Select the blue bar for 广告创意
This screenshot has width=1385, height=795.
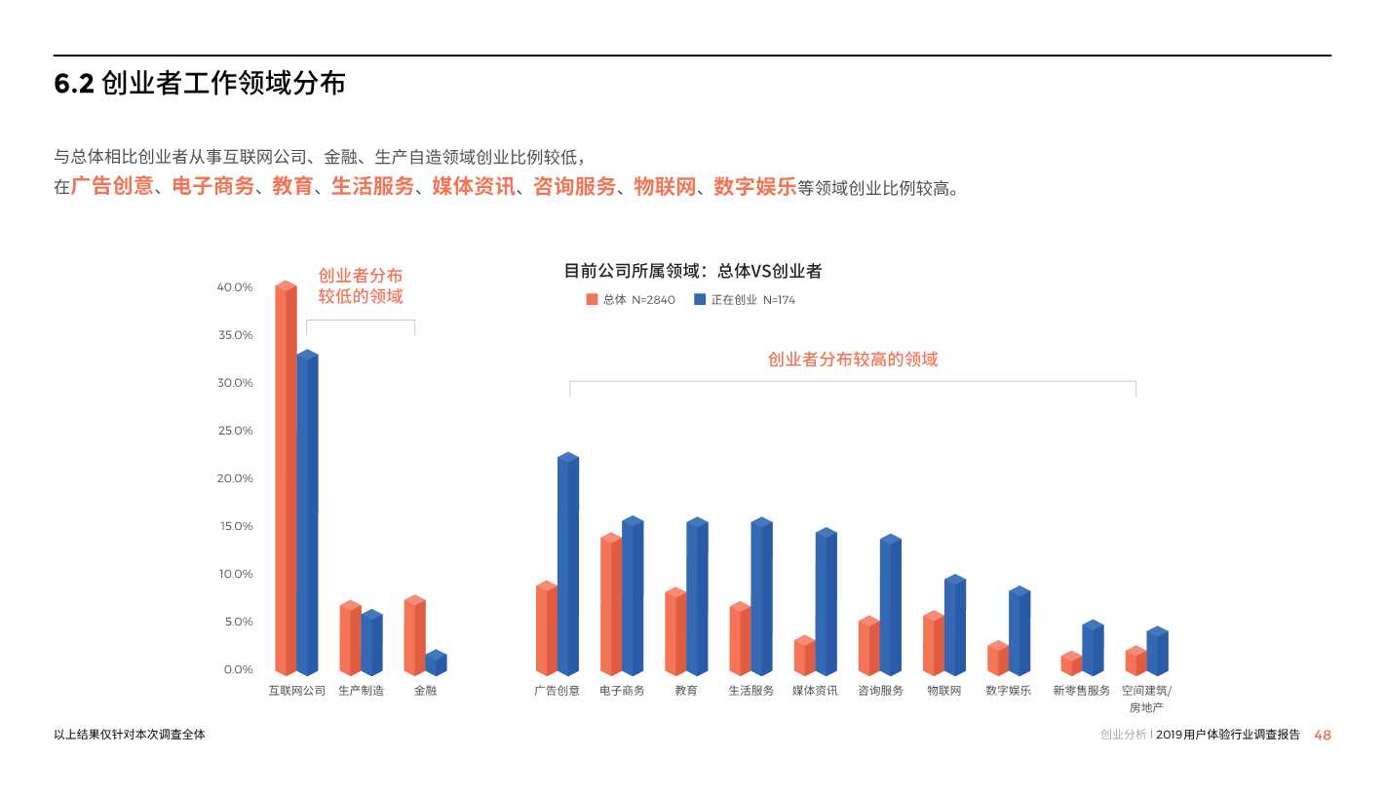pos(567,565)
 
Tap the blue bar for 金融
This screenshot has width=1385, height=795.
pos(436,663)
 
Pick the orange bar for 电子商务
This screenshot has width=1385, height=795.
pos(610,605)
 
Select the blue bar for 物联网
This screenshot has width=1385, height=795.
pos(954,625)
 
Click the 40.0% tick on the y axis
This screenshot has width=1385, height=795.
pos(235,287)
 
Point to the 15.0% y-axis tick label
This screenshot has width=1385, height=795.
pos(235,526)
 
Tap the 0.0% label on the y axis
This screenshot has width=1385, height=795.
pos(238,669)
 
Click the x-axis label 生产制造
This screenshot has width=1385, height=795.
pos(361,691)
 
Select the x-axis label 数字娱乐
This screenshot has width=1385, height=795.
pos(1008,691)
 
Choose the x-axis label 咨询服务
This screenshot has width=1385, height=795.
pos(880,691)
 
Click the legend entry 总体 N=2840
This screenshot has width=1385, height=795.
pos(631,300)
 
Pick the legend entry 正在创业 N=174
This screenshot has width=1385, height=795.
pos(745,300)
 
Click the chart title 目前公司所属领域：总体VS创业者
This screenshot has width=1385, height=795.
pos(693,272)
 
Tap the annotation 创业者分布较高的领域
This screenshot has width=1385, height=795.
pos(853,360)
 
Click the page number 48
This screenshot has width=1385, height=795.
pos(1322,736)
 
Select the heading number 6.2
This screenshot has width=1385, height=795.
pos(73,85)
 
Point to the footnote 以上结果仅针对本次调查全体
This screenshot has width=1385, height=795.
pos(130,735)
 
